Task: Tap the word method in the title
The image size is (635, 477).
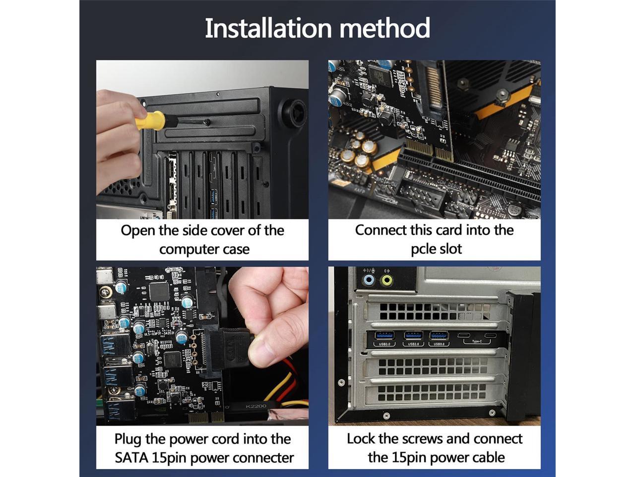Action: coord(385,28)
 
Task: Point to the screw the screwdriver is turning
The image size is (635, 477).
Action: coord(206,122)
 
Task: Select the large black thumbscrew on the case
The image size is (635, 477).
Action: coord(293,112)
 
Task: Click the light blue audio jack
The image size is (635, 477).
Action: coord(369,280)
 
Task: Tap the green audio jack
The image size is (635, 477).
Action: coord(387,280)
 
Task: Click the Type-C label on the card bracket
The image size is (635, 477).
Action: coord(477,341)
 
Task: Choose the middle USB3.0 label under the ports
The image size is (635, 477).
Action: coord(413,344)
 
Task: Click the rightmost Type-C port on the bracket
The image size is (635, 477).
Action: coord(491,335)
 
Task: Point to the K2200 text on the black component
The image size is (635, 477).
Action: coord(255,406)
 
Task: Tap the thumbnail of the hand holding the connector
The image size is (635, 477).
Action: coord(202,346)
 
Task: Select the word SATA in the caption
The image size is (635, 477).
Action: coord(131,458)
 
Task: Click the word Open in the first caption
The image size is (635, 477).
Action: coord(138,231)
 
